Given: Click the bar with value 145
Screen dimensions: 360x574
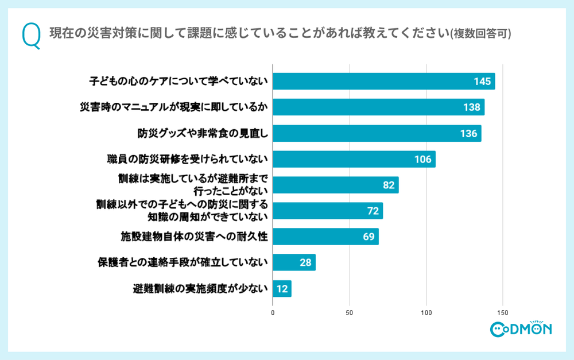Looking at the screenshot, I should tap(383, 82).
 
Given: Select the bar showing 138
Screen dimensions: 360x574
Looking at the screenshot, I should tap(378, 107).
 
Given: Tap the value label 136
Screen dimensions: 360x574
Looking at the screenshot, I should tap(468, 134).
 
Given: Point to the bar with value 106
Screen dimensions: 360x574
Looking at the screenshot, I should tap(354, 159).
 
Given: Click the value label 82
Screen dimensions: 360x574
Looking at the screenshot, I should tap(389, 185).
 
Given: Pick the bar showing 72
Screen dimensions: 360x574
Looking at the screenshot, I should tap(327, 211).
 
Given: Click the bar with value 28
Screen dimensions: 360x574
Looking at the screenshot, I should tap(294, 262).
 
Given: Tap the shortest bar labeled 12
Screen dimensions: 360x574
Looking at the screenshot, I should tap(282, 288).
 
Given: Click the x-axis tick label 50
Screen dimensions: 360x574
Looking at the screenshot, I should tap(349, 313).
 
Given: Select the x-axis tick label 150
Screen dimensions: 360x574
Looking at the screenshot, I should tap(503, 313).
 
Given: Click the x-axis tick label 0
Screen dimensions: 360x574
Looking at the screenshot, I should tap(273, 313).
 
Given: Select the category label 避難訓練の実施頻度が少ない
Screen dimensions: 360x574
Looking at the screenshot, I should tap(200, 289).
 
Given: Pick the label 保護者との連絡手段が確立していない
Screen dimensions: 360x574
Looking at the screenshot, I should tap(183, 263).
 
